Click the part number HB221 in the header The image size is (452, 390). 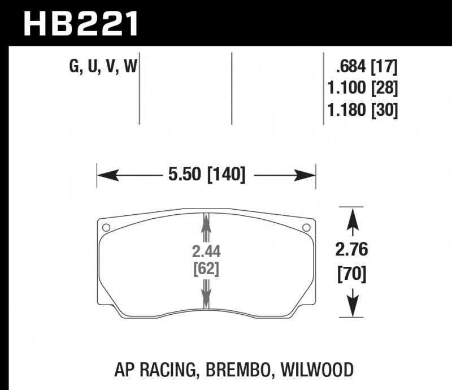point(79,24)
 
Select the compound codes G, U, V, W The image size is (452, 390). point(103,68)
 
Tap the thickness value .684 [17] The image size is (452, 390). point(367,68)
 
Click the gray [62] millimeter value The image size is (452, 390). point(206,269)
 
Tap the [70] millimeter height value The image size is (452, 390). point(354,275)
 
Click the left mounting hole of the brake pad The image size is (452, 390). point(106,228)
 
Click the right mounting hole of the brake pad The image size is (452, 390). point(306,228)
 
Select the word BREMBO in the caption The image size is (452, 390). point(242,370)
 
